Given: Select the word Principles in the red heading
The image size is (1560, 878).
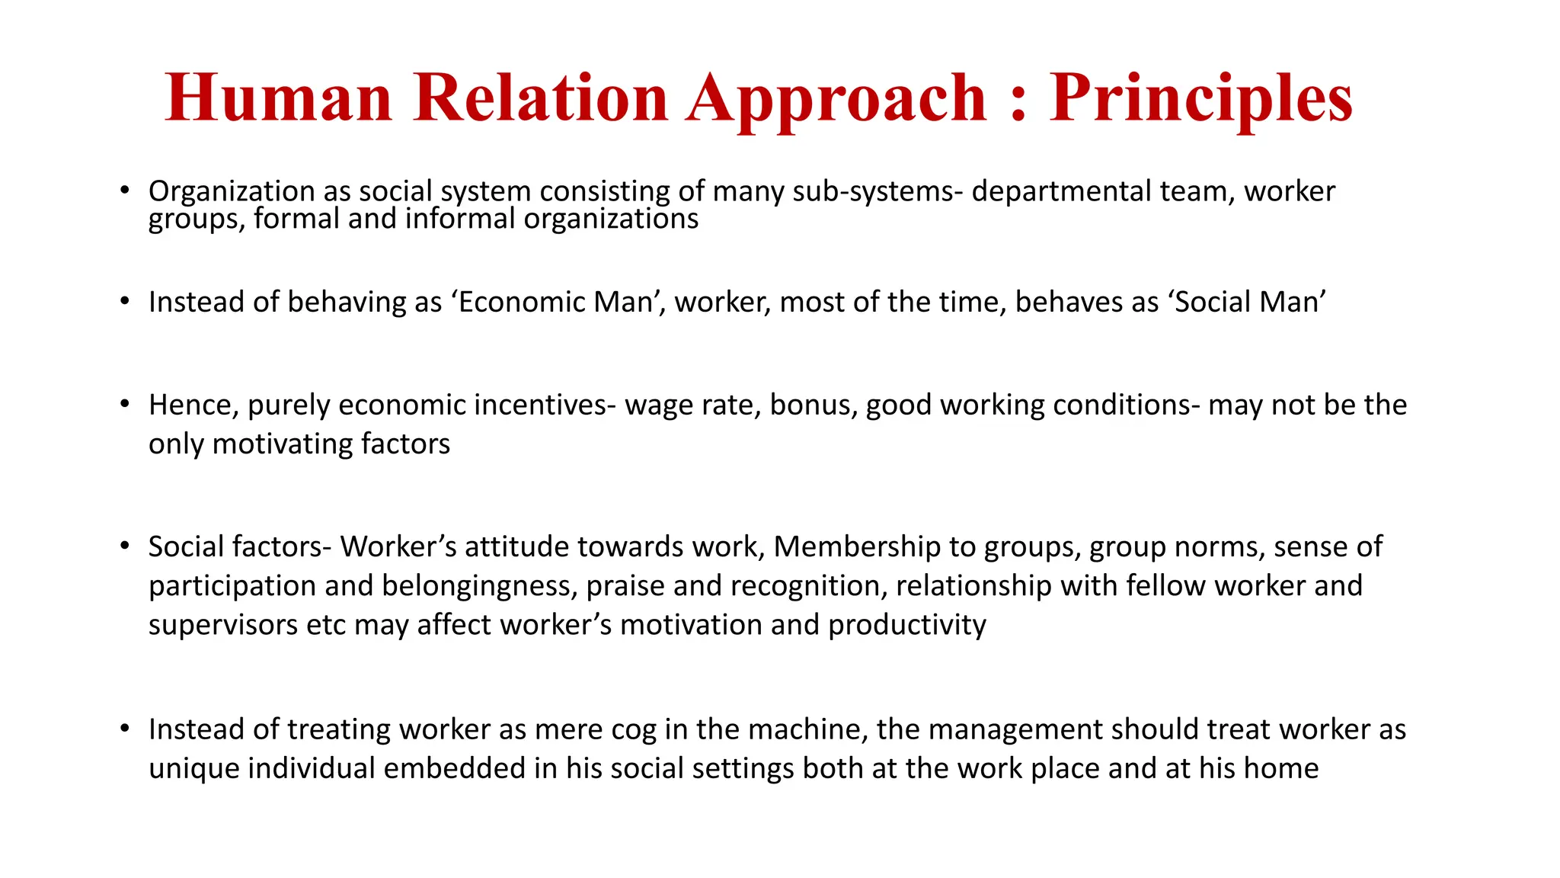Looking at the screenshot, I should click(1200, 99).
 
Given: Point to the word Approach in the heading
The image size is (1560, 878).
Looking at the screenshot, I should click(836, 99).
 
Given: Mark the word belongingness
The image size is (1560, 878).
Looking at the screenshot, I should click(476, 586).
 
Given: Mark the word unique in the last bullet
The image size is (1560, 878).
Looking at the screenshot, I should click(194, 768).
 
